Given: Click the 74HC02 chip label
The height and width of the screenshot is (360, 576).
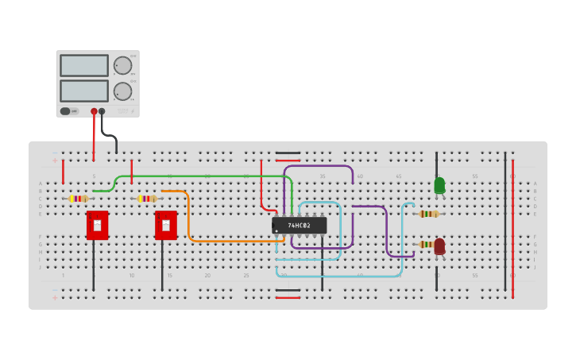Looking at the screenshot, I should click(300, 226).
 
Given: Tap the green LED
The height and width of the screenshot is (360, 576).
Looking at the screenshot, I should click(439, 185).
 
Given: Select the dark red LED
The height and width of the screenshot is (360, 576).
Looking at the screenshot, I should click(439, 247).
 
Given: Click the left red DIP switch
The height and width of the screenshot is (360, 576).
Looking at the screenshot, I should click(97, 225).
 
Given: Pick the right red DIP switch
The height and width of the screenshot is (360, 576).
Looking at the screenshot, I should click(165, 225).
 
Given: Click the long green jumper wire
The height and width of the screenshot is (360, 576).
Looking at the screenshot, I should click(199, 176).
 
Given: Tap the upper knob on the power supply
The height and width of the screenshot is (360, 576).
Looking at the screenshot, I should click(122, 65).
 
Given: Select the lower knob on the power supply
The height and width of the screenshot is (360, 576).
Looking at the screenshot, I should click(122, 91).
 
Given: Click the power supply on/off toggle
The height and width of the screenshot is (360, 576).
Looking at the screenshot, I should click(69, 111).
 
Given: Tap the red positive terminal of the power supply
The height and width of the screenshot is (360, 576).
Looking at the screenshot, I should click(94, 111).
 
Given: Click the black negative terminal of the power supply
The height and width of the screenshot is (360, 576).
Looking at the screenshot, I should click(102, 111).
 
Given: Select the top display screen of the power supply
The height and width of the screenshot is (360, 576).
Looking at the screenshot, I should click(83, 65).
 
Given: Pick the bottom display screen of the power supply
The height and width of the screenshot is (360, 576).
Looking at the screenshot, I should click(83, 91).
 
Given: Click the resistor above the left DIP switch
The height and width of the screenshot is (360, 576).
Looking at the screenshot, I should click(79, 199).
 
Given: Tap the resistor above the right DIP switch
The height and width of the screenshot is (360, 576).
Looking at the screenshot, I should click(147, 199).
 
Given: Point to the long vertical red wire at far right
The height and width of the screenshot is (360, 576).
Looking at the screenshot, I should click(512, 230).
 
